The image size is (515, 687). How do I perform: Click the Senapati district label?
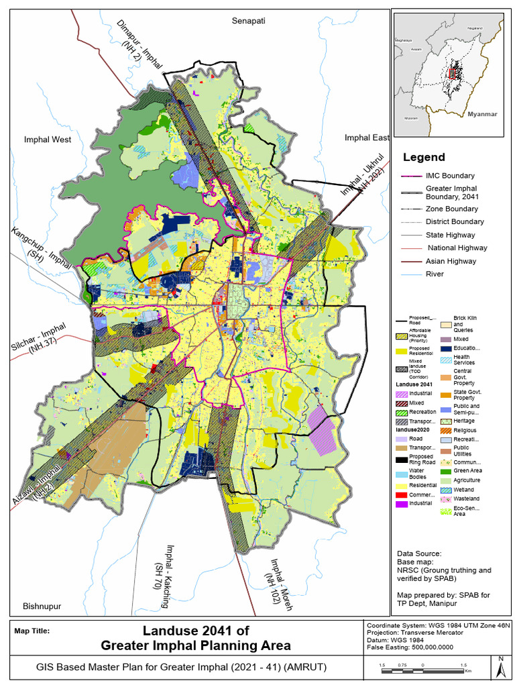[x=249, y=21]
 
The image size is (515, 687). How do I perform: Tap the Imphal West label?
[x=48, y=140]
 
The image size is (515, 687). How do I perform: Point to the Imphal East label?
[x=367, y=138]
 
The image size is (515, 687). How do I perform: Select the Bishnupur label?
[x=42, y=606]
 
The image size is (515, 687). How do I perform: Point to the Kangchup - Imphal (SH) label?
[x=40, y=248]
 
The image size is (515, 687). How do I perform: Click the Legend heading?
[x=423, y=158]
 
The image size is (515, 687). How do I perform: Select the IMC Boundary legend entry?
[x=450, y=176]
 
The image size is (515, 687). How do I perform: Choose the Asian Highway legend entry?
[x=451, y=261]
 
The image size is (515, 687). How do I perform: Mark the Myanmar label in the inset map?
[x=482, y=115]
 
